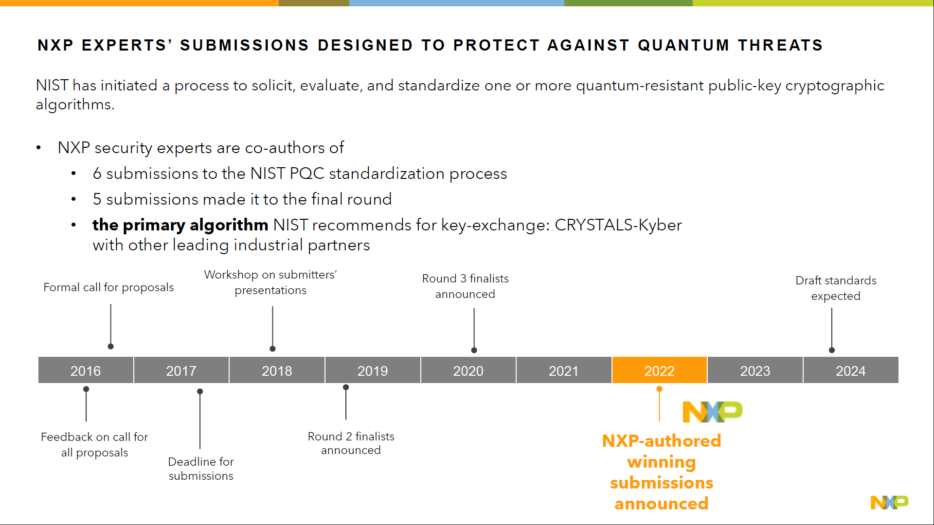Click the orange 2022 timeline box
659,370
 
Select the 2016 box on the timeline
86,370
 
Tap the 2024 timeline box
850,370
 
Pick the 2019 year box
373,370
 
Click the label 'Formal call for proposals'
108,287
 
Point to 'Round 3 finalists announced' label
465,286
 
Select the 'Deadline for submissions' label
201,469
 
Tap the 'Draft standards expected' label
836,288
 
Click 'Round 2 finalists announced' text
351,443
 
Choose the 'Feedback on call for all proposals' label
94,445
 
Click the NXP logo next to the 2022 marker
712,412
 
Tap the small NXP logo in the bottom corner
889,502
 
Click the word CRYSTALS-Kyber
618,225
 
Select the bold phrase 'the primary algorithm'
180,225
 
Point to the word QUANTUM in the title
683,45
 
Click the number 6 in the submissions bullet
97,174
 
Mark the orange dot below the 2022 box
659,389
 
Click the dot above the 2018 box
272,349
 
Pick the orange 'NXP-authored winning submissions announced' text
661,472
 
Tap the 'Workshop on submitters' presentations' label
270,282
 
